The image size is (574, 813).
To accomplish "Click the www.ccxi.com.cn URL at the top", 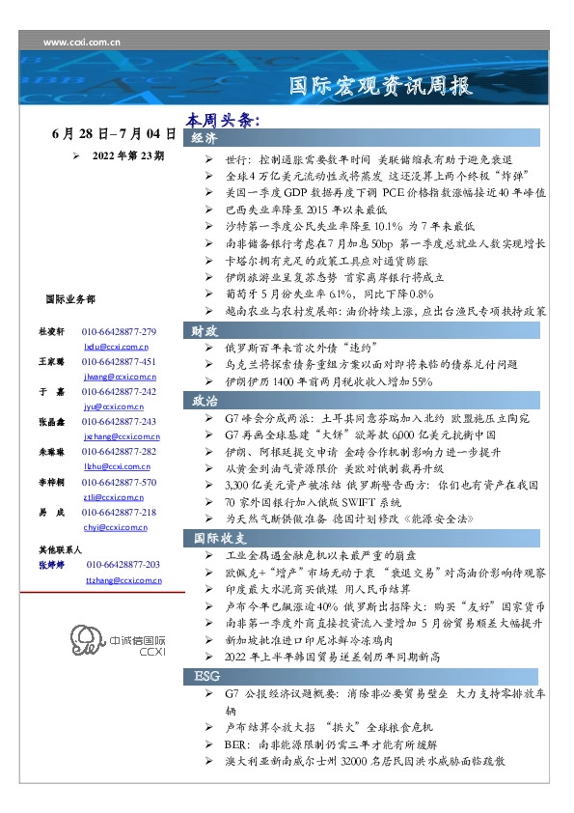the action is (76, 43).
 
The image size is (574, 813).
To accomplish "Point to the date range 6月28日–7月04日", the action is (114, 132).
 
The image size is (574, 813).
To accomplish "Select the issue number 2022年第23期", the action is (127, 154).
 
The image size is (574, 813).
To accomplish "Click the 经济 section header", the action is (205, 139).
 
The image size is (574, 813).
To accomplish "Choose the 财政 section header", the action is (205, 330).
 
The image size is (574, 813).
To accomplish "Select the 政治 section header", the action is (205, 400).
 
